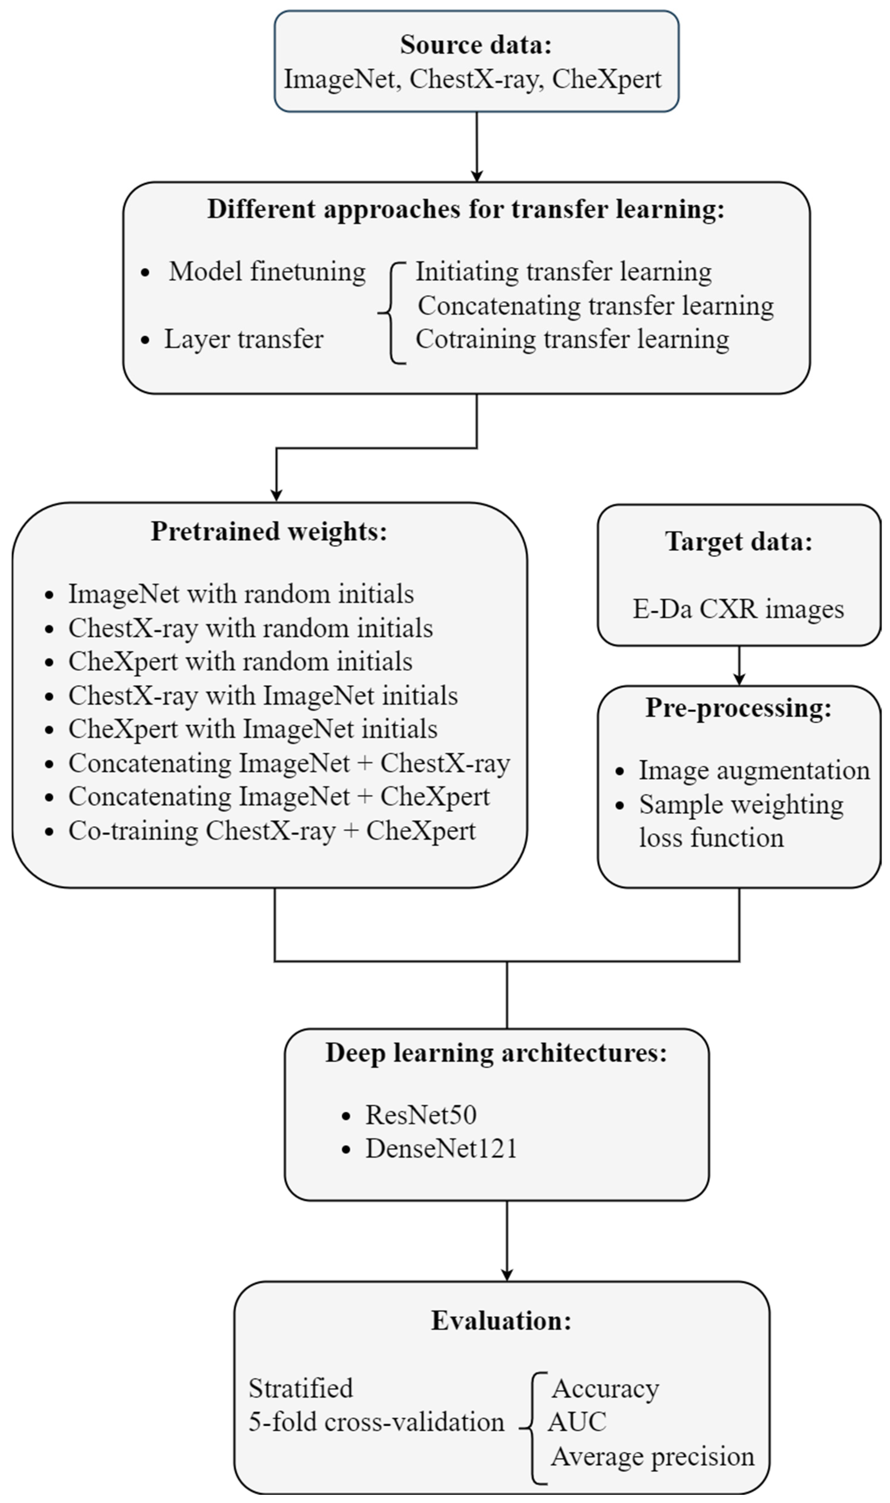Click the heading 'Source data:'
476,45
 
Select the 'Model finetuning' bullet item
267,271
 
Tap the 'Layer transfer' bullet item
243,339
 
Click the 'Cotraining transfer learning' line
572,339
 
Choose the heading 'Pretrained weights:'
269,531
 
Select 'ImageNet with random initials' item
240,594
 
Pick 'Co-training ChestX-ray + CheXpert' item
272,831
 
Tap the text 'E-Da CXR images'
738,609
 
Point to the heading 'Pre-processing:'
738,708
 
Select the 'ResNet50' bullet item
421,1115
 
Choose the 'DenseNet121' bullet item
441,1149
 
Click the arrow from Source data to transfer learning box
477,147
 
